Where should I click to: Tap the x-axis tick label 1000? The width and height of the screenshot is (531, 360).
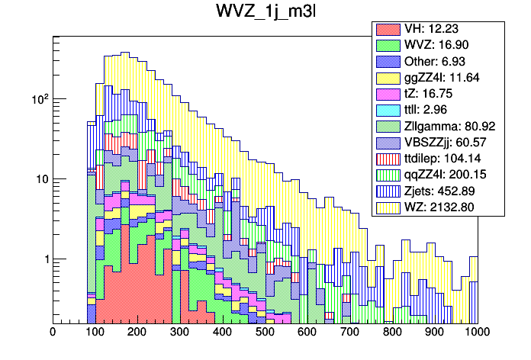(477, 333)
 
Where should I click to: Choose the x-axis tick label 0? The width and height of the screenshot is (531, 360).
(52, 333)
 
